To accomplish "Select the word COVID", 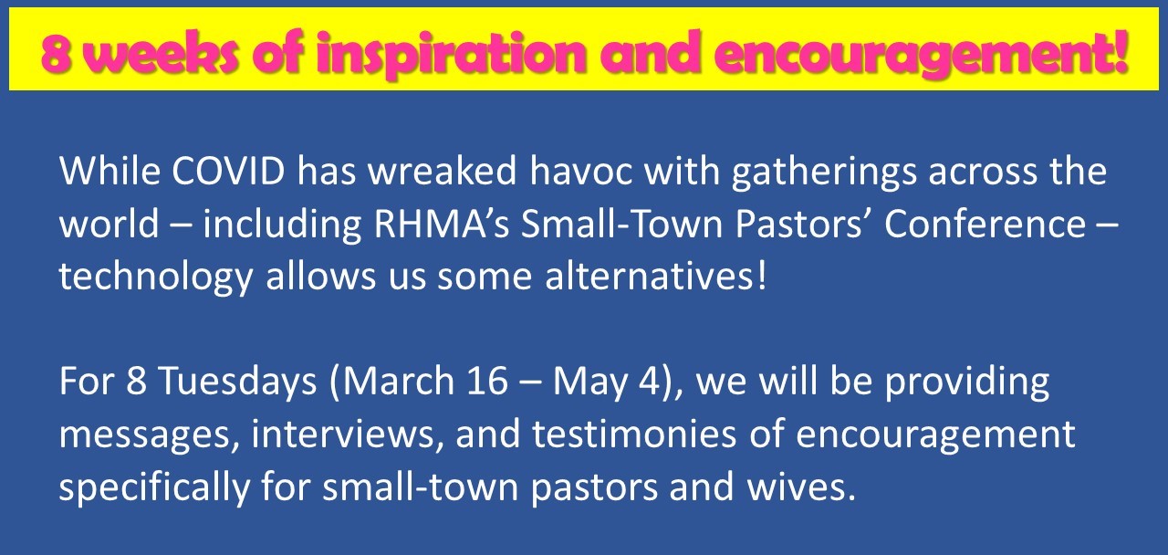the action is click(x=228, y=170).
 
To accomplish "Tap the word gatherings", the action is click(x=824, y=173).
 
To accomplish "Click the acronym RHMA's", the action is click(x=441, y=224).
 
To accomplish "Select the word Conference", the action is click(x=985, y=224).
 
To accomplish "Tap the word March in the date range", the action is click(x=399, y=381).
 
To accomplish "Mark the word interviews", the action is click(x=342, y=434).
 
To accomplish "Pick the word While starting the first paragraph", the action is click(x=109, y=170).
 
